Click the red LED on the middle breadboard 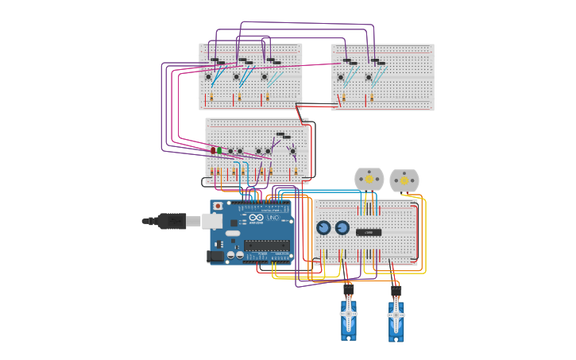(213, 150)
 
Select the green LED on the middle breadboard (220, 150)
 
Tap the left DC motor (369, 180)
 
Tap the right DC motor (404, 180)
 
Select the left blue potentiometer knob (323, 228)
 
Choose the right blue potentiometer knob (342, 228)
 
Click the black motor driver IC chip (369, 232)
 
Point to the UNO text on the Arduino (273, 218)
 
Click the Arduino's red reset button (218, 206)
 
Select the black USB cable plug (171, 221)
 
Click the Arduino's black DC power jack (215, 256)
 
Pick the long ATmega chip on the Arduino (266, 245)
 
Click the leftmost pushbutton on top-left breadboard (209, 77)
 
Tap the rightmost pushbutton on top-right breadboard (369, 77)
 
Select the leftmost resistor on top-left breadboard (211, 96)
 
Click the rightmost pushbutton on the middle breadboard (292, 151)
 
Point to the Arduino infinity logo (256, 218)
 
